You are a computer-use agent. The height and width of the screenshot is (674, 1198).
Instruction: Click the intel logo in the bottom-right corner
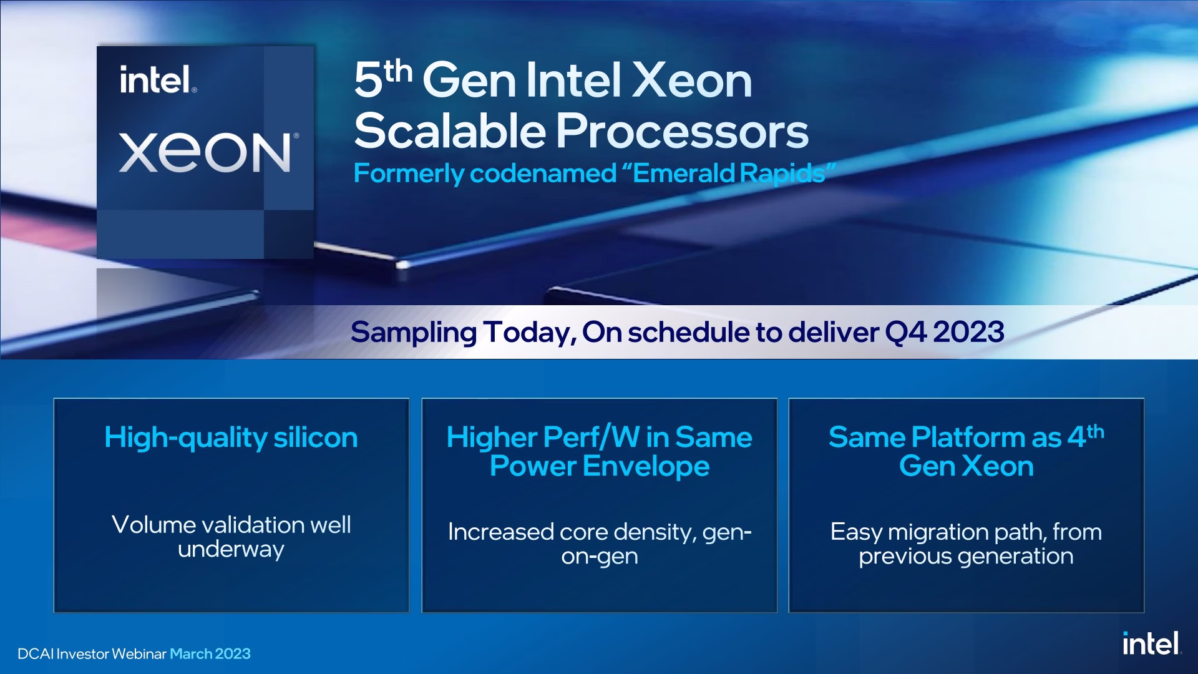click(1151, 643)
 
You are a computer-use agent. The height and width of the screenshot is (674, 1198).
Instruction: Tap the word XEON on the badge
click(205, 152)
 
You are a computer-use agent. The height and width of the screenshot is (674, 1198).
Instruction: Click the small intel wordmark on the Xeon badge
click(158, 80)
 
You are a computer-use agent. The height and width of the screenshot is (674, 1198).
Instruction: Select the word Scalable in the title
click(450, 131)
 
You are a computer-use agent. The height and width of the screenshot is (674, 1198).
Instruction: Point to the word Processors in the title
click(682, 131)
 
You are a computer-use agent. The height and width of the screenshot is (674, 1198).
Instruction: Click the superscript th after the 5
click(398, 71)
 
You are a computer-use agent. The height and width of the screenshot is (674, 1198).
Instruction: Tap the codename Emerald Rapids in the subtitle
click(729, 173)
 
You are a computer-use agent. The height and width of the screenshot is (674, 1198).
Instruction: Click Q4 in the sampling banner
click(905, 332)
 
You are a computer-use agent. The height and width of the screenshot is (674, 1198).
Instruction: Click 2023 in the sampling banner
click(969, 331)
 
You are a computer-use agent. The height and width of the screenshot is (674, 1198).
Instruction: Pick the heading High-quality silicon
click(231, 437)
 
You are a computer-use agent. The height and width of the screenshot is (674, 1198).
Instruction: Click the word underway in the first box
click(231, 549)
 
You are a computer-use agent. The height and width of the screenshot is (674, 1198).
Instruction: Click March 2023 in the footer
click(210, 654)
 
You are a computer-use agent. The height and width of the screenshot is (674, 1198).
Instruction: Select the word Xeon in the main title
click(692, 81)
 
